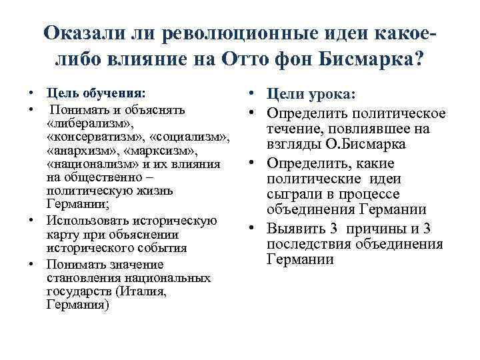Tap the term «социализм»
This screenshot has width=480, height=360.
(193, 137)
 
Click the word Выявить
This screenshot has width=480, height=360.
(295, 229)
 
